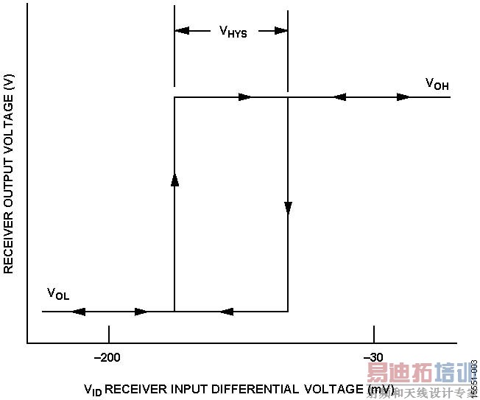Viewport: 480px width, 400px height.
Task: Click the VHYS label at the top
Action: pyautogui.click(x=233, y=32)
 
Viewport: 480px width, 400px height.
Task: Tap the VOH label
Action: pyautogui.click(x=437, y=84)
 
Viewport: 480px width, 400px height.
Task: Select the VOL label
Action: pyautogui.click(x=58, y=295)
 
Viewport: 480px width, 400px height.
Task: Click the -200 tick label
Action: pyautogui.click(x=109, y=358)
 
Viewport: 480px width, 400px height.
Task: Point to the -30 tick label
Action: pyautogui.click(x=373, y=358)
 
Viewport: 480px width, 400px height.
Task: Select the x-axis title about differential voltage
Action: pyautogui.click(x=239, y=389)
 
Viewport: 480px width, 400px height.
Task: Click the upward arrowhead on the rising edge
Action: pyautogui.click(x=174, y=180)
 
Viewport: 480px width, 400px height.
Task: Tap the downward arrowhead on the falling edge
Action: pyautogui.click(x=288, y=209)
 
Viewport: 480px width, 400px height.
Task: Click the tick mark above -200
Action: pyautogui.click(x=109, y=334)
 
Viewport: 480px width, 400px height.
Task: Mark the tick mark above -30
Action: pyautogui.click(x=373, y=334)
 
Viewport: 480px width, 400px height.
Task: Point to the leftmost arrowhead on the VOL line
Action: pyautogui.click(x=79, y=312)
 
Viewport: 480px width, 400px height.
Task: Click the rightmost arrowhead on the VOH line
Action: pyautogui.click(x=404, y=97)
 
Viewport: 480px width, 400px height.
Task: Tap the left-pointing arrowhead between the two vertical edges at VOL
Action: pyautogui.click(x=227, y=312)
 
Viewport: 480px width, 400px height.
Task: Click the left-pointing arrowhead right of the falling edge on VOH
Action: pyautogui.click(x=339, y=97)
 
